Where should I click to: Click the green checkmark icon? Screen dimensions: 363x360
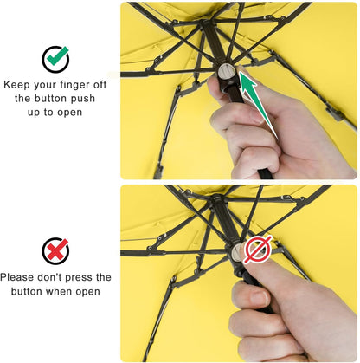pos(56,58)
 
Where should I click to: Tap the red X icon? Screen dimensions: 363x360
pos(56,251)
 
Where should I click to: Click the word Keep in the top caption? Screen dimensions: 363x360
pos(18,85)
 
